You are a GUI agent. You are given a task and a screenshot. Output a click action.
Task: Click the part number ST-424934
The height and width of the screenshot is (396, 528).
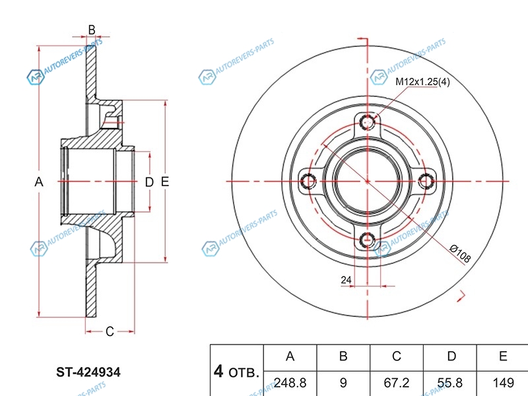[x=88, y=372]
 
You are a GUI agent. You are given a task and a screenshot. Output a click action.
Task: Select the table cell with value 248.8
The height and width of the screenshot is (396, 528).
[x=289, y=383]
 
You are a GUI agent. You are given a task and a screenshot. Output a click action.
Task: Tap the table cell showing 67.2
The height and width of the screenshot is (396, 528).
[x=396, y=383]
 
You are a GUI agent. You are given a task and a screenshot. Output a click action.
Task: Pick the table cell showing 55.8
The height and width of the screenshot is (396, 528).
[x=451, y=383]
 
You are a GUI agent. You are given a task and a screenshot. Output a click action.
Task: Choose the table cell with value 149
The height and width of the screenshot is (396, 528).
[x=503, y=383]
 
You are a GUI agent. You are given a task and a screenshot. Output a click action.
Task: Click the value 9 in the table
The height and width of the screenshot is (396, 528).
[x=343, y=383]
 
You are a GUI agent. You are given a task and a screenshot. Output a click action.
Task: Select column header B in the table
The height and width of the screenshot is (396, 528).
[x=343, y=357]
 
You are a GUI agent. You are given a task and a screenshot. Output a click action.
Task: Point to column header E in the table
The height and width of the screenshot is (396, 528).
[x=503, y=357]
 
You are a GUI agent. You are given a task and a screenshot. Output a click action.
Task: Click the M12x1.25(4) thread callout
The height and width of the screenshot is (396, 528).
[x=422, y=82]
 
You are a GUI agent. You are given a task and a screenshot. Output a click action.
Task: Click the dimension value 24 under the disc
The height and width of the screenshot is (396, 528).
[x=346, y=280]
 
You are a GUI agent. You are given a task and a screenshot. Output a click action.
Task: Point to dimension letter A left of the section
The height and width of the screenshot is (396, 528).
[x=39, y=181]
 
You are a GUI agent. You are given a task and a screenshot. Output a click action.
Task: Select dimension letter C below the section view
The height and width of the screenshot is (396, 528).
[x=110, y=331]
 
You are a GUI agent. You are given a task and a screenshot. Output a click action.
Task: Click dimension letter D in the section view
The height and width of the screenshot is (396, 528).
[x=148, y=181]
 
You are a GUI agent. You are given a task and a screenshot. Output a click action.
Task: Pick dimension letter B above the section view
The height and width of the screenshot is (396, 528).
[x=92, y=29]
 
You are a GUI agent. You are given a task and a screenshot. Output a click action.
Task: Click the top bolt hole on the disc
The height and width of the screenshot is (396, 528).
[x=367, y=121]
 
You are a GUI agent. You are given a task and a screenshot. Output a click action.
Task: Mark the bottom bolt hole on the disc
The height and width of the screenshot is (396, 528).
[x=367, y=238]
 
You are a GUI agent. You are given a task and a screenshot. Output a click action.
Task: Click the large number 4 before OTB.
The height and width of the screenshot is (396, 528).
[x=218, y=371]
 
